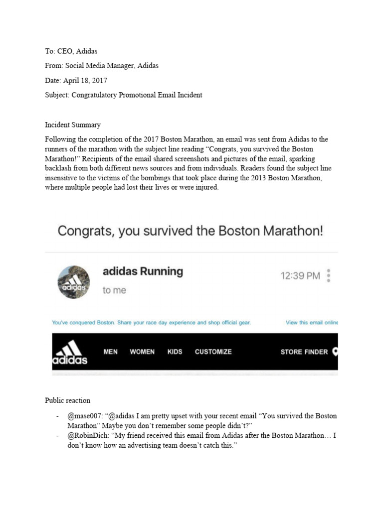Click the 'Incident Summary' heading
tap(72, 125)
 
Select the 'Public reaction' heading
tap(67, 400)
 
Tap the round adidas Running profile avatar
tap(74, 282)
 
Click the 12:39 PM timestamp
tap(300, 275)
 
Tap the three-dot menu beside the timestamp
tap(328, 275)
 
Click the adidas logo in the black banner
tap(70, 352)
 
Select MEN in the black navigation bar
tap(111, 352)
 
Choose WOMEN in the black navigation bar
tap(142, 352)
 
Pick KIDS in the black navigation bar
tap(175, 352)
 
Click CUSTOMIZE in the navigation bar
tap(213, 352)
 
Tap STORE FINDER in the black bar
tap(304, 352)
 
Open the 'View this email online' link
tap(311, 323)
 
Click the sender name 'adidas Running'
tap(143, 271)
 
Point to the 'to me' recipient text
tap(114, 290)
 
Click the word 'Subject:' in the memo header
tap(57, 95)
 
